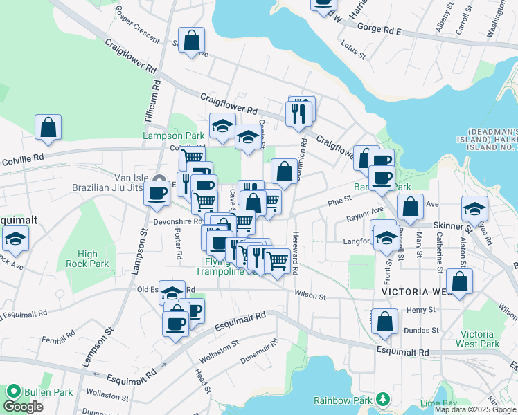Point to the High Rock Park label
[87, 259]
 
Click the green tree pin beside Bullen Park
[12, 392]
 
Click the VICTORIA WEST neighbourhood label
[416, 293]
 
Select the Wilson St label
[310, 295]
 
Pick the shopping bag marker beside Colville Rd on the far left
[48, 127]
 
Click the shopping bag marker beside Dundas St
[384, 322]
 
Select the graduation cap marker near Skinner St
[474, 208]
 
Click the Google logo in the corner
[23, 407]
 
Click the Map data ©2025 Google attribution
[476, 409]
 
